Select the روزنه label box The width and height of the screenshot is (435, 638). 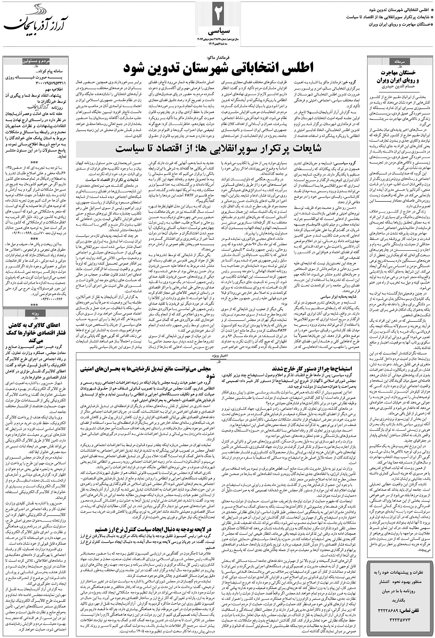pos(38,313)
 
